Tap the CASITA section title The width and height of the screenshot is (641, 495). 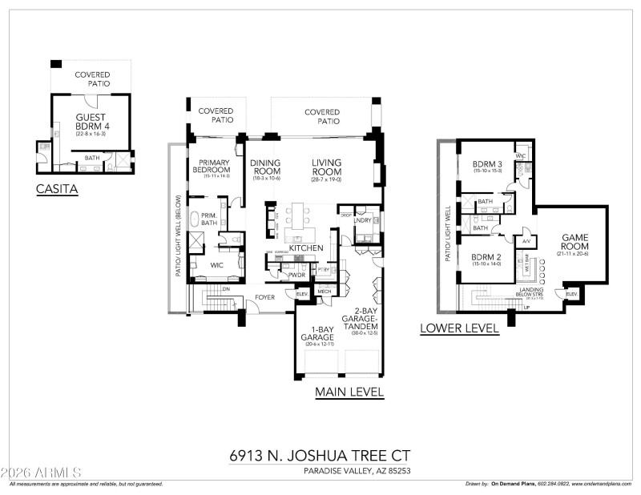click(57, 191)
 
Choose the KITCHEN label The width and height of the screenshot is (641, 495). click(305, 248)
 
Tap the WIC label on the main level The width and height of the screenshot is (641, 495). click(217, 264)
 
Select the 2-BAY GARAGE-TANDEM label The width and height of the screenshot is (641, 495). click(359, 320)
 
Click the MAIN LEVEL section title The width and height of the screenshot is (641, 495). click(349, 392)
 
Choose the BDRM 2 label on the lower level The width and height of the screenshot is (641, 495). click(487, 258)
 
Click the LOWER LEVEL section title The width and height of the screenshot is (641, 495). click(460, 328)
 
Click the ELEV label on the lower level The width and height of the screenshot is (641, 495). click(571, 295)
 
